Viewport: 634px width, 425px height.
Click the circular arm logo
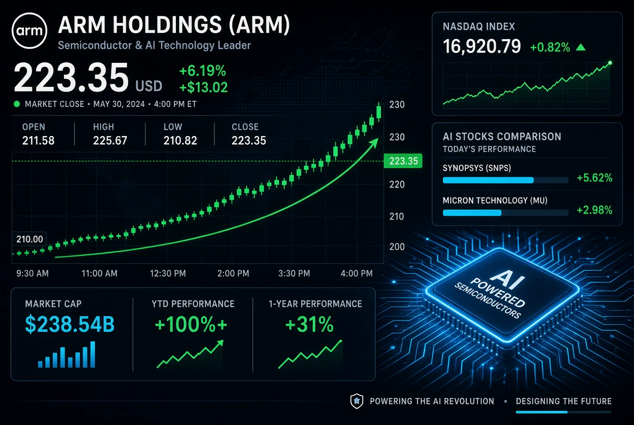(29, 31)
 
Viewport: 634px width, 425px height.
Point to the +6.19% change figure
(202, 71)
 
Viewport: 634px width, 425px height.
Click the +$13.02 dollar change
(204, 87)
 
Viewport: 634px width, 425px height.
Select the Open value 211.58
(39, 140)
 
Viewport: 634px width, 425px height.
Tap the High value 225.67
(110, 140)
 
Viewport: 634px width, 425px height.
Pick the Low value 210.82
(180, 140)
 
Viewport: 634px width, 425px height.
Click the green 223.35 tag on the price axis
(403, 161)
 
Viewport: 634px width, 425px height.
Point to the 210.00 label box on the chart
(29, 239)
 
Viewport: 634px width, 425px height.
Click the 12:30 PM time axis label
(168, 274)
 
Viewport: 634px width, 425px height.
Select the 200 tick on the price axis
(397, 247)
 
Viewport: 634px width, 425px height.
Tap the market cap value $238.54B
(70, 324)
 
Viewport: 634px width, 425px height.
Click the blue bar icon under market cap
(67, 355)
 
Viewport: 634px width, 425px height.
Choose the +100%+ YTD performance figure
(191, 324)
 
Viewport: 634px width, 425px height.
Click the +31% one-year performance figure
(309, 324)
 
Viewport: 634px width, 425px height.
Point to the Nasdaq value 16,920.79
(482, 47)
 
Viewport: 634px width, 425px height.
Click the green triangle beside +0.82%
(581, 47)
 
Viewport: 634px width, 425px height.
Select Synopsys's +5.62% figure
(594, 178)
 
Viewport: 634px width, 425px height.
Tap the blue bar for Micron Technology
(472, 213)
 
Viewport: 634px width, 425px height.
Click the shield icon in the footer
(357, 401)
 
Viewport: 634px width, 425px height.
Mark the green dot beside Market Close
(17, 104)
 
